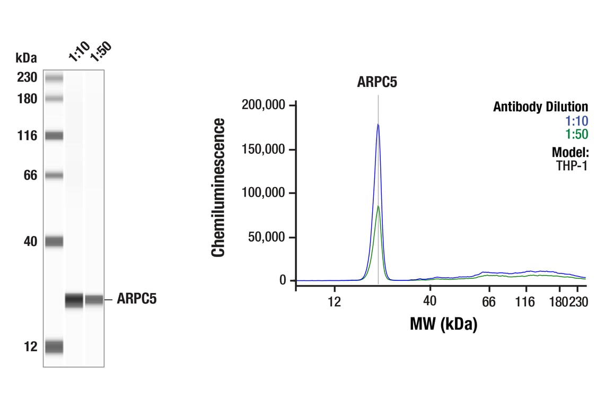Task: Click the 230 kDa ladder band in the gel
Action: tap(54, 78)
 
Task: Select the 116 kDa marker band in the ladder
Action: tap(54, 136)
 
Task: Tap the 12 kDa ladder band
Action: tap(54, 347)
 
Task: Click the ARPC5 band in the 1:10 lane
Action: tap(74, 300)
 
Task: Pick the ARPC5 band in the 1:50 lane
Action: tap(94, 300)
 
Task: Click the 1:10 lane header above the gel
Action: tap(79, 51)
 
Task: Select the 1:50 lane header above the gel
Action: tap(100, 51)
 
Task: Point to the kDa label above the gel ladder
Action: tap(26, 57)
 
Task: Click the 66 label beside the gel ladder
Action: tap(30, 175)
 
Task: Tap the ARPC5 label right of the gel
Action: tap(136, 300)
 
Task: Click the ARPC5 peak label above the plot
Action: tap(377, 83)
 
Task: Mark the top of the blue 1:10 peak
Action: tap(378, 125)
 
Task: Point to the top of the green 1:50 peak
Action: tap(378, 206)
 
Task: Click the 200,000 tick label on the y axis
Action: tap(263, 105)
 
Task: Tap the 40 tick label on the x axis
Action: tap(429, 302)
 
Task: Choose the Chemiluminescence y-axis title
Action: tap(218, 188)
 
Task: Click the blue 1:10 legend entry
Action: tap(577, 121)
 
